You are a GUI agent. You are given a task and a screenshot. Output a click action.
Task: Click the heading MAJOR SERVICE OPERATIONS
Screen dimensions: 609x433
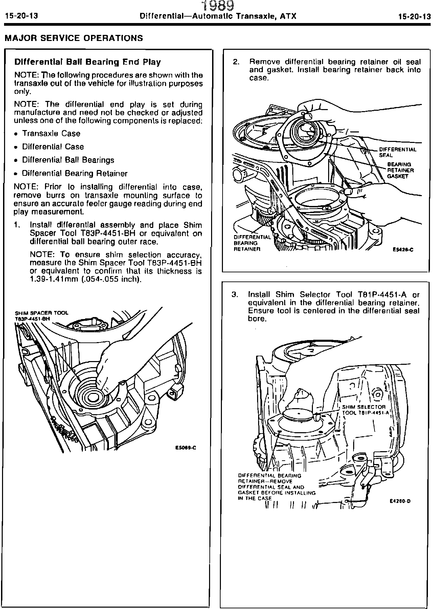click(x=74, y=38)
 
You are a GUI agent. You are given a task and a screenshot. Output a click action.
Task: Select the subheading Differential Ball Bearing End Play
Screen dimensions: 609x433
click(x=87, y=62)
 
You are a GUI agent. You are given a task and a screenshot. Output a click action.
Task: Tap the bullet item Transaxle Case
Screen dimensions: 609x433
click(x=51, y=133)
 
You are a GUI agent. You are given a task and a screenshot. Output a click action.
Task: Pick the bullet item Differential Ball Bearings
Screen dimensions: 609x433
click(x=68, y=160)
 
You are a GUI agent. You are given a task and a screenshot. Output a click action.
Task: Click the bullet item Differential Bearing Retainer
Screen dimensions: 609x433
click(x=74, y=173)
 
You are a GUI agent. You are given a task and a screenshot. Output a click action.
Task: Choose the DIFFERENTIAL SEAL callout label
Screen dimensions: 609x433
click(x=397, y=152)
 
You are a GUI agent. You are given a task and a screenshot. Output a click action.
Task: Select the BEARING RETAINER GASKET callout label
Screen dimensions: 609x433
click(x=400, y=170)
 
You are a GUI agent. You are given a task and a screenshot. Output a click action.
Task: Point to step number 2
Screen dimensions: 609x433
click(x=236, y=62)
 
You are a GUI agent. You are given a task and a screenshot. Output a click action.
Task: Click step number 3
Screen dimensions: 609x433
click(x=235, y=294)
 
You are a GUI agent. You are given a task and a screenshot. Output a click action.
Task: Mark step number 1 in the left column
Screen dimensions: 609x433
click(x=17, y=225)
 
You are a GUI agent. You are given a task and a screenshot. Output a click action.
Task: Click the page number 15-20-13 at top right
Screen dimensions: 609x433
click(x=414, y=16)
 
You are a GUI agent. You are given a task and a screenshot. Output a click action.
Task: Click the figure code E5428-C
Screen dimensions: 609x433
click(x=403, y=250)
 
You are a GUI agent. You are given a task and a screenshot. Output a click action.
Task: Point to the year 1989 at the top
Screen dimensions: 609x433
click(x=218, y=6)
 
